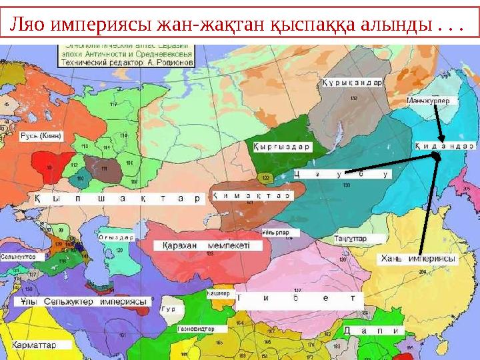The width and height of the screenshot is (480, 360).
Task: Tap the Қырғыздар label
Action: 282,147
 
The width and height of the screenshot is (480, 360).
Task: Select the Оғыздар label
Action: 117,237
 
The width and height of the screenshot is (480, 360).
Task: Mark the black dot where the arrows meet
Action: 436,156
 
